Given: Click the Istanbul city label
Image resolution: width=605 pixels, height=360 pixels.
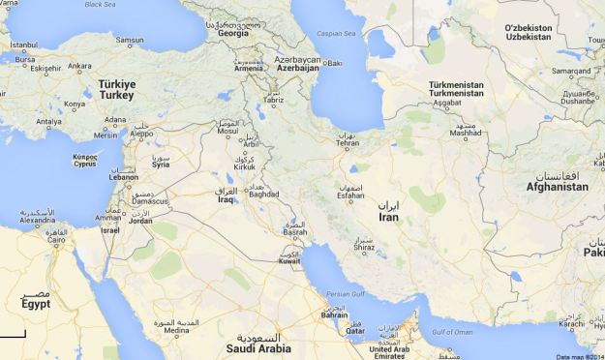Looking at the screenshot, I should coord(23,45).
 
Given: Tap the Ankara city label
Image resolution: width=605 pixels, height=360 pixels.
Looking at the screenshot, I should coord(80,67).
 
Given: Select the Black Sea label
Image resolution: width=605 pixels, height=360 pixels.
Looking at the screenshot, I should coord(99,5).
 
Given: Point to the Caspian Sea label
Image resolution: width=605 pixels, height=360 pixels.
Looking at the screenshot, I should coord(336,33).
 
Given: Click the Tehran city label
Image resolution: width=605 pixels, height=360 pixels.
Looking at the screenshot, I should coord(347,143).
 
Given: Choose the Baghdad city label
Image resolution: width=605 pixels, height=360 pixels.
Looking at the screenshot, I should coord(263,194).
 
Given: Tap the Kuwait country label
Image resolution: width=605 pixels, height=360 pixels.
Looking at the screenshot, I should coord(289,261).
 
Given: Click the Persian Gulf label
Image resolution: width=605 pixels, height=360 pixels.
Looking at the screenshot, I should coord(345,294).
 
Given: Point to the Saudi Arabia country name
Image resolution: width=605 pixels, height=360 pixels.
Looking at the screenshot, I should coord(259,348).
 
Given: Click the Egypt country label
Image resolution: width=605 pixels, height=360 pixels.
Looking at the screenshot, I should coord(35,303).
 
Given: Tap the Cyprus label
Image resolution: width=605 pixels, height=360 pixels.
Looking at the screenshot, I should coord(86,164).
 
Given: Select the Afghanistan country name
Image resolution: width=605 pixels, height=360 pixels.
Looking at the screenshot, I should coord(557,187).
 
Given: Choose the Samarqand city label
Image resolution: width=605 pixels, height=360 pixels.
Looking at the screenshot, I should coord(571,71).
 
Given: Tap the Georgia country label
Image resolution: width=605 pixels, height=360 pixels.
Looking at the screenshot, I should coord(233,34).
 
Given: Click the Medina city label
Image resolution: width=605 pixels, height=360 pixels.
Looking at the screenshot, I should coord(177,330).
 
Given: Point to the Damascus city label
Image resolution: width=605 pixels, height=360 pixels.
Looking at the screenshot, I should coord(151,201).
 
